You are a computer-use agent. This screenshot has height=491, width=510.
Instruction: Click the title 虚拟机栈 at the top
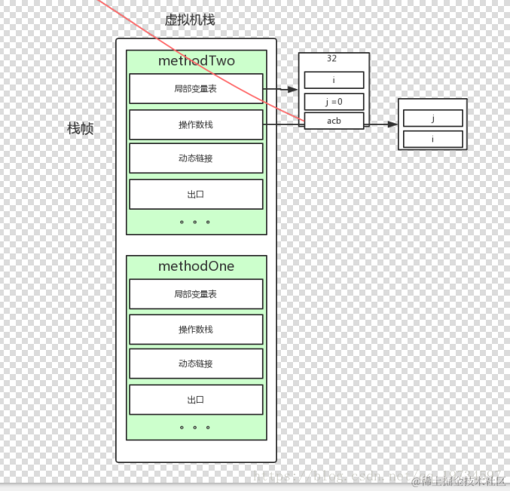tap(190, 20)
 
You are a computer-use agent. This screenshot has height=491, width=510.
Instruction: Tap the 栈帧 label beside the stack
tap(81, 129)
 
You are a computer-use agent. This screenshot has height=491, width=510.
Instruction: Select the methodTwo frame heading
tap(196, 61)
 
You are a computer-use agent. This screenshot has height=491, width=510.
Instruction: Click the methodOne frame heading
tap(196, 266)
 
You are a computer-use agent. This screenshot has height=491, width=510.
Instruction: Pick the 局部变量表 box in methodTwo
tap(196, 88)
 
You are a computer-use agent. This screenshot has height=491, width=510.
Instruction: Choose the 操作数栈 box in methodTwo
tap(196, 124)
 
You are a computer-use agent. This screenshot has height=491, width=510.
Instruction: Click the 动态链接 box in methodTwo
tap(196, 158)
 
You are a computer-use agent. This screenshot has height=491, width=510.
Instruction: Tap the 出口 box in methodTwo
tap(196, 194)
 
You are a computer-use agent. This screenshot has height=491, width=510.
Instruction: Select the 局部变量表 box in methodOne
tap(196, 294)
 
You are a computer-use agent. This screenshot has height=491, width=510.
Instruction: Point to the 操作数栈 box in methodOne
tap(196, 330)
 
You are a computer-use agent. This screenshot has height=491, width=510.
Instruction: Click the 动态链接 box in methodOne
tap(196, 364)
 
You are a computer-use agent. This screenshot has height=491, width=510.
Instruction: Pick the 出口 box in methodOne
tap(196, 400)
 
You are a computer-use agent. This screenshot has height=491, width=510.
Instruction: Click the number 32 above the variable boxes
tap(332, 58)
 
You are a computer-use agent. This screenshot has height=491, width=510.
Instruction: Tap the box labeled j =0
tap(334, 102)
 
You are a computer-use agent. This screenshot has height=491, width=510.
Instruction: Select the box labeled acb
tap(334, 121)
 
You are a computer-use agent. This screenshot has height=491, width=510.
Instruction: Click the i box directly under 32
tap(334, 80)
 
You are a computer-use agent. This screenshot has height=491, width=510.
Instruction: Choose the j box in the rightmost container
tap(432, 118)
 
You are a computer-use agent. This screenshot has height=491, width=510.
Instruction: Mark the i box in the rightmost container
tap(432, 139)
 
